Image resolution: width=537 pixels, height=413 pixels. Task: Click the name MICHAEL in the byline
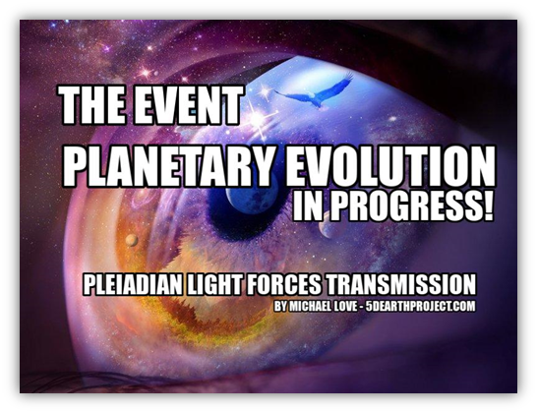310,306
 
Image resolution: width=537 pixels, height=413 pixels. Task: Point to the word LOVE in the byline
345,306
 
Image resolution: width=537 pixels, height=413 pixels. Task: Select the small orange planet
132,240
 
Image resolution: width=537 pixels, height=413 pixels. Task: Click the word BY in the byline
279,306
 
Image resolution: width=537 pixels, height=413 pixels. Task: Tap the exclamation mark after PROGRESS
489,206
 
